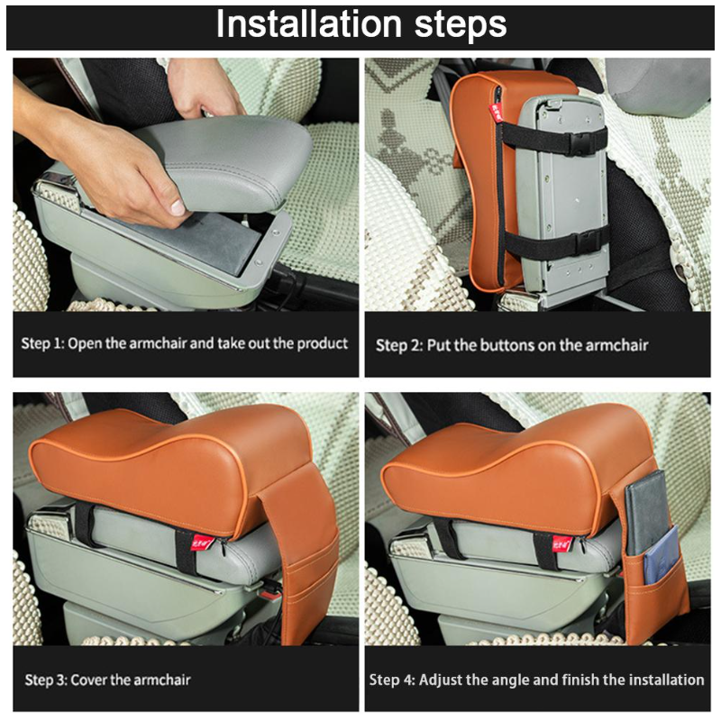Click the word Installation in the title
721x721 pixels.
[309, 24]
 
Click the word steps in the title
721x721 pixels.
[461, 26]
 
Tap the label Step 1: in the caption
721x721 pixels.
[42, 343]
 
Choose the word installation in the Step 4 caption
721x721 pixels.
[666, 680]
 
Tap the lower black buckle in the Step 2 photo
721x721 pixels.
[586, 240]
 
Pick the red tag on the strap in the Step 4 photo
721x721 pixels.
[561, 544]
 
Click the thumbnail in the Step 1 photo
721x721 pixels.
[178, 207]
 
